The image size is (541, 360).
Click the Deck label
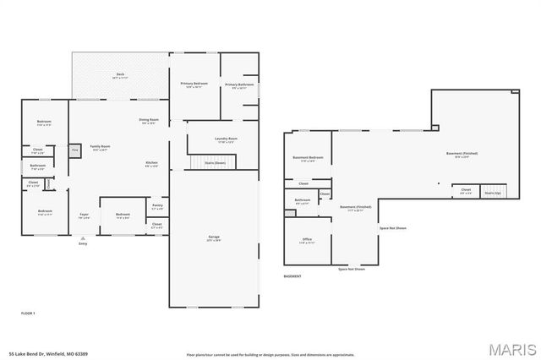coord(120,76)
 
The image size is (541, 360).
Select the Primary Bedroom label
coord(194,85)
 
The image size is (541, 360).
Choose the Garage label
coord(214,238)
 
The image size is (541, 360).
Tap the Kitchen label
coord(152,164)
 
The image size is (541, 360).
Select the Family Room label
coord(101,148)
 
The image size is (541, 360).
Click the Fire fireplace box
coord(74,150)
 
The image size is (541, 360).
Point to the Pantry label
coord(157,206)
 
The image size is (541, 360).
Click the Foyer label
coord(84,215)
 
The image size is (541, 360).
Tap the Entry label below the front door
coord(83,243)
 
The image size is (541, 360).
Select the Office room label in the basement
coord(308,241)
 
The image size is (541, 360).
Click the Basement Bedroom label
coord(308,160)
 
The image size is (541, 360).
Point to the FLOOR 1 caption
coord(27,313)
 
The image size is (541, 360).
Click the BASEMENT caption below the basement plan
coord(292,276)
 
